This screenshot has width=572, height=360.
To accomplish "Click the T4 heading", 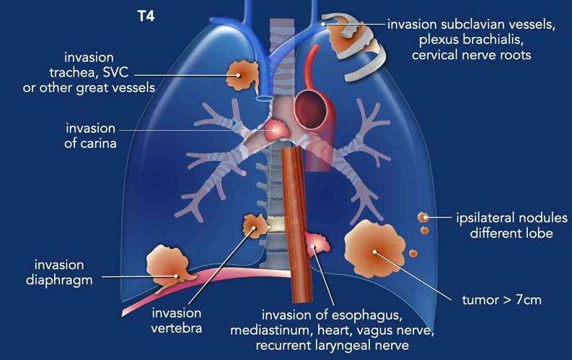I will point(147,15).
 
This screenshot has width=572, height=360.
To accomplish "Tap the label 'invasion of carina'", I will point(89,135).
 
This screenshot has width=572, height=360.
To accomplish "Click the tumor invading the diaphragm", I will point(172,266).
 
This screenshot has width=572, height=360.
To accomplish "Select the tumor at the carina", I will point(277,131).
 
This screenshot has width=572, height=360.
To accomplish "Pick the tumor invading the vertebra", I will point(256,227).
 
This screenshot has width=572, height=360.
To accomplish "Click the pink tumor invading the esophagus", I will point(318,245).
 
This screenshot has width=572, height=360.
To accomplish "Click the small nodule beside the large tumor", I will point(413,253).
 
